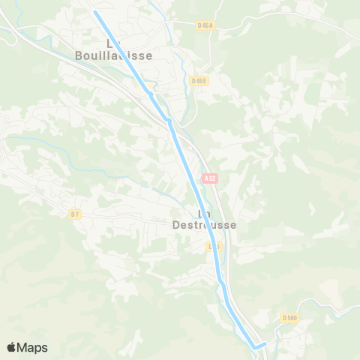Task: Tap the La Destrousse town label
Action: point(204,219)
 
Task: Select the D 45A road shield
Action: point(205,25)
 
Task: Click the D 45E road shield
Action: point(199,81)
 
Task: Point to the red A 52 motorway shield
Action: point(210,178)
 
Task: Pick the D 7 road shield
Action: point(74,214)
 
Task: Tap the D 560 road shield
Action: point(290,318)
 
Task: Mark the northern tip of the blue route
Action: point(95,12)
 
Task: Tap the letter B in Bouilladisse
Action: point(80,55)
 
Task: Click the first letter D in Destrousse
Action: point(176,224)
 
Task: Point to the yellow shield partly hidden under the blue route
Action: point(215,246)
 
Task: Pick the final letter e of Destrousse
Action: point(233,224)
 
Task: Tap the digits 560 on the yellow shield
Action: point(292,318)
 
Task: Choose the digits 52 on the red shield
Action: point(212,178)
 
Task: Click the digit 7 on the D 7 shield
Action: point(76,214)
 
